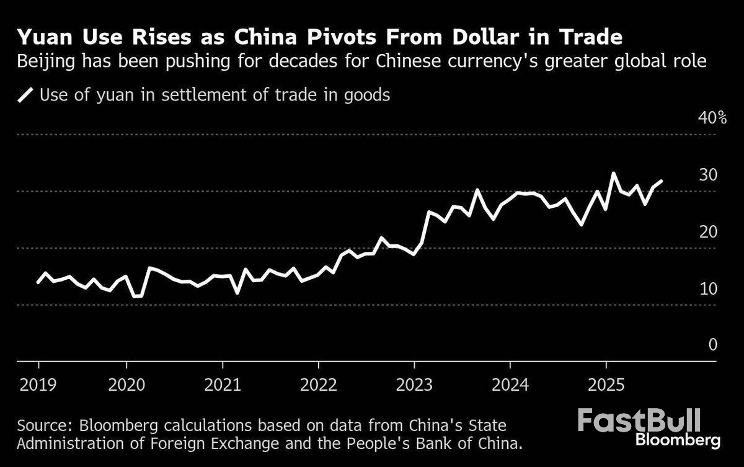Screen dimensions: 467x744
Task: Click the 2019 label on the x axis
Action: pos(38,385)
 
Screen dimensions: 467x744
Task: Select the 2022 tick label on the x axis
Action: pos(320,385)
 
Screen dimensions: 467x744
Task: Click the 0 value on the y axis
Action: pos(714,345)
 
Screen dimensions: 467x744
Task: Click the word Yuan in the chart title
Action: pos(42,38)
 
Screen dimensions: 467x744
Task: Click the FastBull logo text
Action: pos(639,420)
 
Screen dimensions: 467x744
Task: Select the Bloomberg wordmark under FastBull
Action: pos(678,440)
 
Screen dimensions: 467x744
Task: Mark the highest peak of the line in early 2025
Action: pos(614,174)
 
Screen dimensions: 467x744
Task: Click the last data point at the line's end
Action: pos(662,181)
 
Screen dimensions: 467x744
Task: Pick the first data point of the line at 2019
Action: pos(38,283)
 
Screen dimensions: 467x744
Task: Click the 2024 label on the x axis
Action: pos(510,385)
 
